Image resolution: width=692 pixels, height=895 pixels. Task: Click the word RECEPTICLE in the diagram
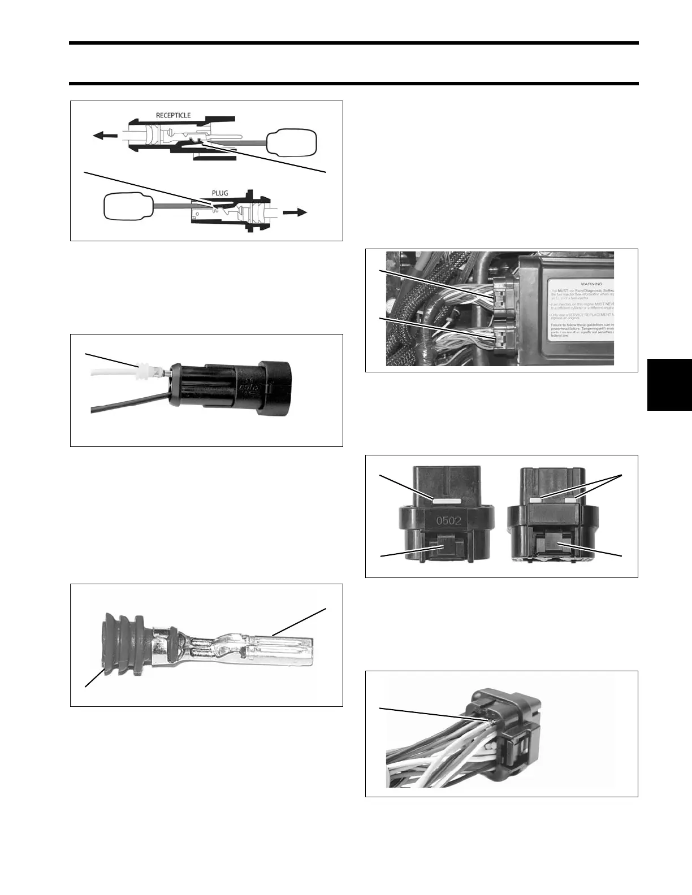(173, 115)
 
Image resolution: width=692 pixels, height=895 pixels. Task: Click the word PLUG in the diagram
(220, 193)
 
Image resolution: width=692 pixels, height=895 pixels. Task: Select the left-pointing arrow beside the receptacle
(105, 136)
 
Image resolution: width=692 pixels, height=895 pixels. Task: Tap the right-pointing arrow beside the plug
(295, 212)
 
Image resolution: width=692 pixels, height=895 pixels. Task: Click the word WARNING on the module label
(591, 284)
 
